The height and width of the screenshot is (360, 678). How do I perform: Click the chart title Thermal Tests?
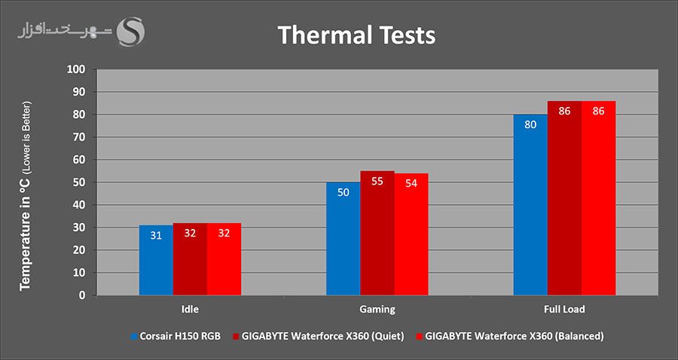click(x=356, y=35)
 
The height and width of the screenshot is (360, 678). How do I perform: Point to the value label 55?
click(x=377, y=182)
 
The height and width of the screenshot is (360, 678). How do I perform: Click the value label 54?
click(x=411, y=184)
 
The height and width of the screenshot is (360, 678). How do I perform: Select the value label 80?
click(x=530, y=125)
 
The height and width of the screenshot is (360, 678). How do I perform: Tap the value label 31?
click(x=156, y=235)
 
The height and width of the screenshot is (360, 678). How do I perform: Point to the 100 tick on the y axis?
click(x=78, y=69)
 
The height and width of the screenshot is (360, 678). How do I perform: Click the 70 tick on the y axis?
click(x=81, y=137)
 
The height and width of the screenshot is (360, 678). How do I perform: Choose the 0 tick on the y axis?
click(x=84, y=295)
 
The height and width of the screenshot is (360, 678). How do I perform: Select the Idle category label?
click(x=190, y=310)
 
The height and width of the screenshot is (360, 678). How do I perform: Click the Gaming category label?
click(x=377, y=310)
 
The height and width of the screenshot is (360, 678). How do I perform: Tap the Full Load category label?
click(x=563, y=310)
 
